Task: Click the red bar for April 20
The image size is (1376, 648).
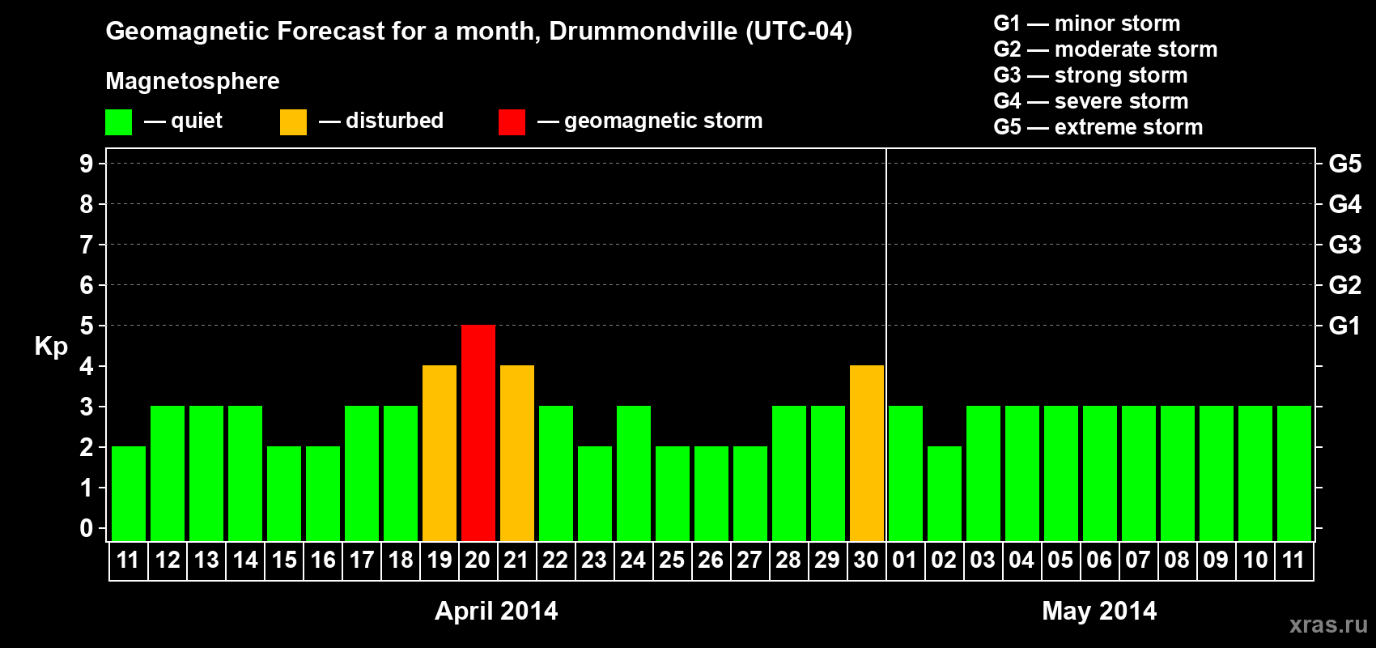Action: [x=478, y=433]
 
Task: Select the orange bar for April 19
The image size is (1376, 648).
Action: [x=440, y=453]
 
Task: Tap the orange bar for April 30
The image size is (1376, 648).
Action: [x=867, y=453]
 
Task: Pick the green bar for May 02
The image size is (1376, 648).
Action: [x=945, y=493]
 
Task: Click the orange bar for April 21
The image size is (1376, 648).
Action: [x=517, y=453]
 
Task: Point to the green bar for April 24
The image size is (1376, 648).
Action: [x=634, y=473]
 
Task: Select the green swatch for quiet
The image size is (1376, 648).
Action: [x=119, y=122]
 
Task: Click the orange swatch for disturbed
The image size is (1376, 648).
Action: [x=293, y=122]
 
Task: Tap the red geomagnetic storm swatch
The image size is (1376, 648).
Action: [x=512, y=122]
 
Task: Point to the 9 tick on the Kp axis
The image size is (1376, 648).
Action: [x=87, y=164]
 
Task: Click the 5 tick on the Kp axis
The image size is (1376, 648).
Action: [x=87, y=326]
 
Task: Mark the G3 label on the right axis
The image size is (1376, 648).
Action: [x=1344, y=245]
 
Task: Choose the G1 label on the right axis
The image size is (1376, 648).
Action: [x=1344, y=326]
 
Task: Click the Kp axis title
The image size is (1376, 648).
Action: [x=51, y=347]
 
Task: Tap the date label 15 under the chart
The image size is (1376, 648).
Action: [x=284, y=561]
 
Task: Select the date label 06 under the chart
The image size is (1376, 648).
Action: [x=1099, y=561]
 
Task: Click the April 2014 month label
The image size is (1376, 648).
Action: [x=496, y=611]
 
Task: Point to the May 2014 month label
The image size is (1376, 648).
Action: [x=1099, y=611]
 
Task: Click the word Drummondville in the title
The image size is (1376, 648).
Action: [x=643, y=32]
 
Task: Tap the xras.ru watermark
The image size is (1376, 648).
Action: [x=1328, y=625]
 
